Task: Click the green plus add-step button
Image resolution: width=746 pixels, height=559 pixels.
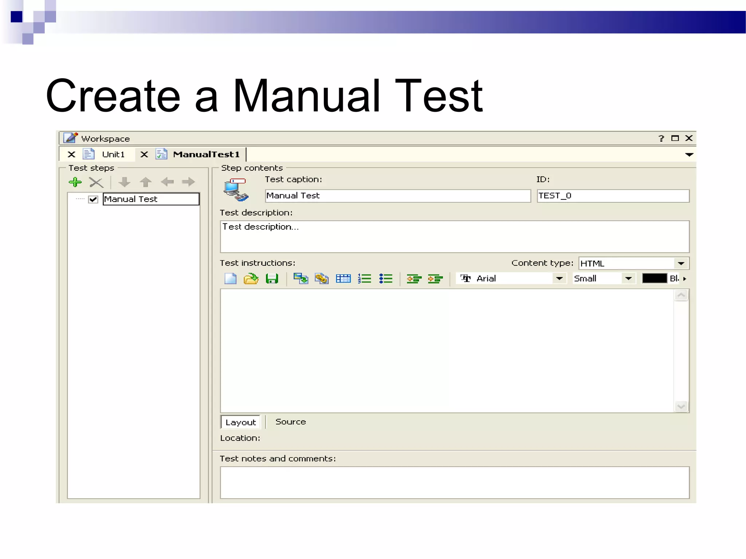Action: [x=75, y=182]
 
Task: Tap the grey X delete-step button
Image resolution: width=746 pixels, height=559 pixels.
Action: [x=96, y=182]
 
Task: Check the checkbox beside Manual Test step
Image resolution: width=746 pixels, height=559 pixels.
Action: [x=93, y=199]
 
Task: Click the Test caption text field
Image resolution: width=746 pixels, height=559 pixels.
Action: [x=398, y=196]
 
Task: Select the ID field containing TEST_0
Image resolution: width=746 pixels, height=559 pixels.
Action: [x=613, y=196]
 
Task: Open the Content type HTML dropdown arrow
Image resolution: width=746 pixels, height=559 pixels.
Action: [x=681, y=263]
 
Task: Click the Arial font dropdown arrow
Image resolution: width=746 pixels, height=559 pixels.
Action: [x=559, y=279]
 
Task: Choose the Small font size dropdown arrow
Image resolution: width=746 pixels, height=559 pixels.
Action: [x=628, y=279]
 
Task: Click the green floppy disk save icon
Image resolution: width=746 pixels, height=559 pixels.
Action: [x=272, y=279]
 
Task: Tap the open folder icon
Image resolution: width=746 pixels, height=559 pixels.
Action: [x=251, y=279]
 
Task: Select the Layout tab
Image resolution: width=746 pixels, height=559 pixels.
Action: [x=240, y=422]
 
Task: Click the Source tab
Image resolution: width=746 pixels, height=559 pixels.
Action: [x=290, y=422]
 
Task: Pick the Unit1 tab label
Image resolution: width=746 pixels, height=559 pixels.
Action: [x=113, y=154]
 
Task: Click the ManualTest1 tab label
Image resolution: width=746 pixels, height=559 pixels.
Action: [x=206, y=154]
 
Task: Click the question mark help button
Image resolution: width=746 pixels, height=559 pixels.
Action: [x=661, y=138]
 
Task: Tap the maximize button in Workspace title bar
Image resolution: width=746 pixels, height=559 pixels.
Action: [x=675, y=138]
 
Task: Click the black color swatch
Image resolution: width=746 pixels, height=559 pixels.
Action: [x=654, y=279]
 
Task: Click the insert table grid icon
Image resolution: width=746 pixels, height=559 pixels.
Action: [x=343, y=279]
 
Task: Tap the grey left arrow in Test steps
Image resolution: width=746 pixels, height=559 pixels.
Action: [x=168, y=182]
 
